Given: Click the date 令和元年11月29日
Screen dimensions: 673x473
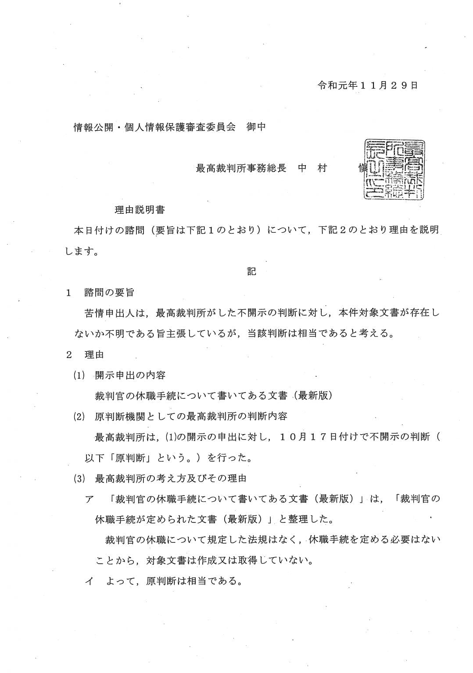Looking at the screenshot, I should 368,85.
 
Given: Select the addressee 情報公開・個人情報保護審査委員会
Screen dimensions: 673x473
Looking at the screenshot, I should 154,127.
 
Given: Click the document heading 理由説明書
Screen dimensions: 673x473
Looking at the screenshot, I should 140,210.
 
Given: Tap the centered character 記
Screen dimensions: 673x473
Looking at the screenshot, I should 251,272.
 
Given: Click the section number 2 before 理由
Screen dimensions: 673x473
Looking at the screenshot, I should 69,354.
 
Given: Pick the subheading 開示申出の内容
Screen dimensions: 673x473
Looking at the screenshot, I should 130,375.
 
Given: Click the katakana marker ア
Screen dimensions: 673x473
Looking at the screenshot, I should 89,499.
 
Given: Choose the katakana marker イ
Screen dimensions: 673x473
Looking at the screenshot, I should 89,582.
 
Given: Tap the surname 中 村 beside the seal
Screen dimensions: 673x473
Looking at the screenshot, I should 312,168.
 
